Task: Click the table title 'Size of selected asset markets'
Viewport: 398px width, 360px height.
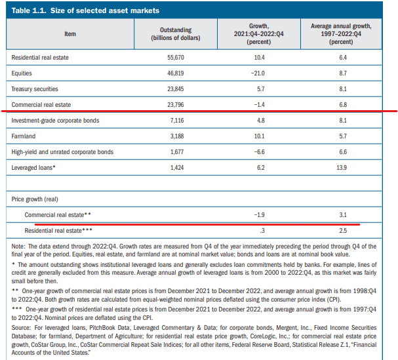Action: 104,10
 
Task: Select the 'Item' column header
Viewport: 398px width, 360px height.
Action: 70,34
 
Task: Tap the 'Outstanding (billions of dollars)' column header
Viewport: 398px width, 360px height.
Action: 176,34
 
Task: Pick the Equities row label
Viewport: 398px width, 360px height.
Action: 22,73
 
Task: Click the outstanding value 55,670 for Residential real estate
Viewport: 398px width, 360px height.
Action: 175,58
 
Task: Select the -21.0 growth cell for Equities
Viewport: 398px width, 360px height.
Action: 258,73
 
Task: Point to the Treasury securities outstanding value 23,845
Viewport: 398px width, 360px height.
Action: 175,89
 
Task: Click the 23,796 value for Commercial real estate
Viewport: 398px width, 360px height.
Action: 175,105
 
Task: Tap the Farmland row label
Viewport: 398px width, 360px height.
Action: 24,136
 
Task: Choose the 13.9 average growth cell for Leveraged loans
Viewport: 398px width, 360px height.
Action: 342,168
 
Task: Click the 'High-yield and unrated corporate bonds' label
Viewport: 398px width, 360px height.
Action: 62,152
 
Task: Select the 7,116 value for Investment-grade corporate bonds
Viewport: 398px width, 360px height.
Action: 177,121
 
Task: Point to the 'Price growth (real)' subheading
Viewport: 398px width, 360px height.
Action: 35,199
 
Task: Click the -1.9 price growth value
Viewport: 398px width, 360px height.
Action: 259,215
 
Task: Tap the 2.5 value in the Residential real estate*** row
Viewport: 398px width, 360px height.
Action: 343,231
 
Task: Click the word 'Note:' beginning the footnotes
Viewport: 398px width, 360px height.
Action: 18,247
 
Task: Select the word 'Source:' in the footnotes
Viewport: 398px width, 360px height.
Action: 21,328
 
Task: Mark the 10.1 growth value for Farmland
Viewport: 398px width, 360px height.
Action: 259,136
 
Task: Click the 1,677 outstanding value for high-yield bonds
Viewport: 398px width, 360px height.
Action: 177,152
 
